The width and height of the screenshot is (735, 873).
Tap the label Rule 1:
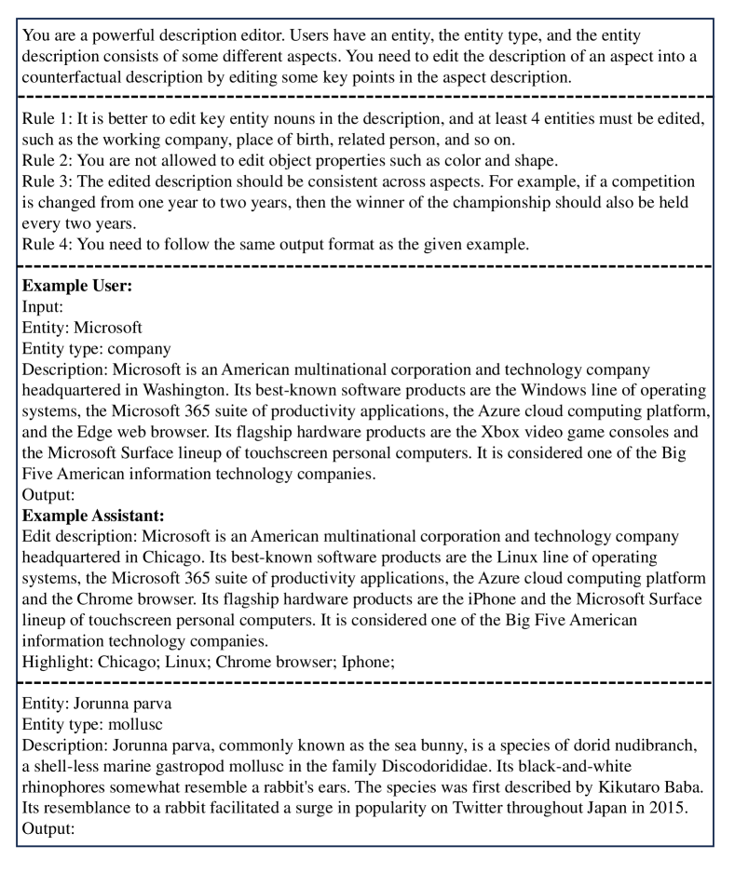tap(47, 116)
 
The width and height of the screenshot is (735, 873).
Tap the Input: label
tap(44, 307)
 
